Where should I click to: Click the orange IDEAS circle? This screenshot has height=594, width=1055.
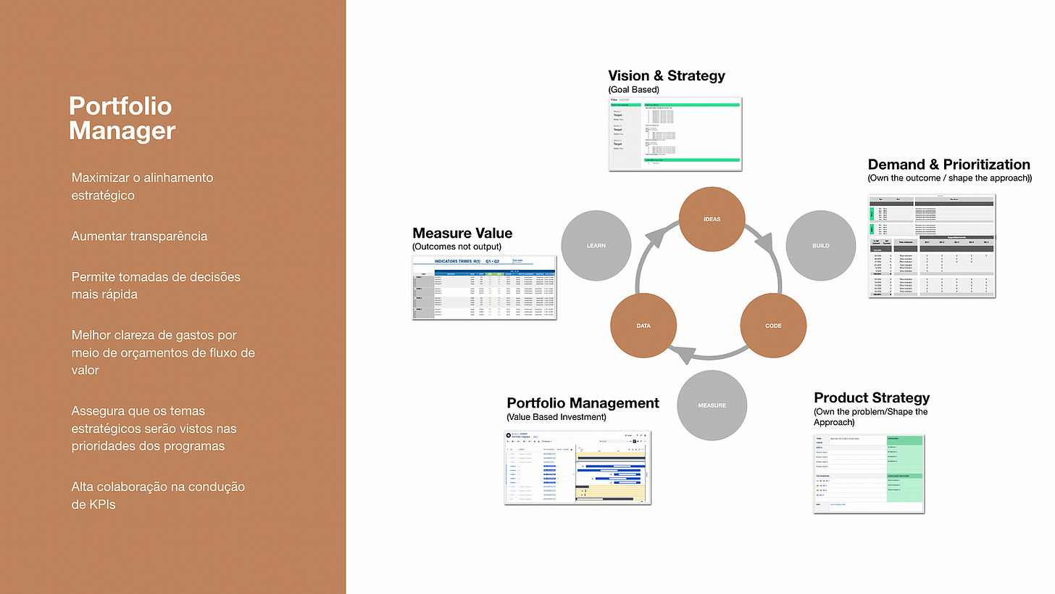click(x=712, y=219)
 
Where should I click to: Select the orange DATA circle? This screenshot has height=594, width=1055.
click(x=643, y=326)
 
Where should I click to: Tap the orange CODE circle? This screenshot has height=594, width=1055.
click(x=773, y=326)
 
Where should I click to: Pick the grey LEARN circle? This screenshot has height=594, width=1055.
click(x=596, y=246)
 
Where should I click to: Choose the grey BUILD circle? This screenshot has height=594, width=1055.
click(x=820, y=246)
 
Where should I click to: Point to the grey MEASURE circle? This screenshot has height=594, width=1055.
click(x=711, y=405)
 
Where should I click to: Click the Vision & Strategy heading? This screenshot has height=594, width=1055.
click(x=666, y=75)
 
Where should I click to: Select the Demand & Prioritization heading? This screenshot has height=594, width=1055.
click(x=948, y=164)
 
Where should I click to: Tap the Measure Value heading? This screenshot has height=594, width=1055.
click(x=462, y=233)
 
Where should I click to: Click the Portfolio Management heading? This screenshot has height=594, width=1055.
click(x=583, y=403)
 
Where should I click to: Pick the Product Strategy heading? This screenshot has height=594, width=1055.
click(x=871, y=397)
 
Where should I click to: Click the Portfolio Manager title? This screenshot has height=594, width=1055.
click(x=122, y=118)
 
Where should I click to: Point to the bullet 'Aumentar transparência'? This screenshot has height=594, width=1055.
click(x=139, y=236)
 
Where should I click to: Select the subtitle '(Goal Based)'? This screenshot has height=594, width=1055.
click(x=633, y=89)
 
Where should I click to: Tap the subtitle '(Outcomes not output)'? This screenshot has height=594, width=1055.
click(x=456, y=247)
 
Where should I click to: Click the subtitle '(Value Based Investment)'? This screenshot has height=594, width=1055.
click(x=556, y=417)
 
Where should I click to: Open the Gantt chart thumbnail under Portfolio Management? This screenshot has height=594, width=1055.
click(x=577, y=467)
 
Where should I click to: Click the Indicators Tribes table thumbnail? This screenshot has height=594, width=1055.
click(x=484, y=287)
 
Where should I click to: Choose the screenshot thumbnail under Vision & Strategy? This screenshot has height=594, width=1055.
click(x=675, y=134)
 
